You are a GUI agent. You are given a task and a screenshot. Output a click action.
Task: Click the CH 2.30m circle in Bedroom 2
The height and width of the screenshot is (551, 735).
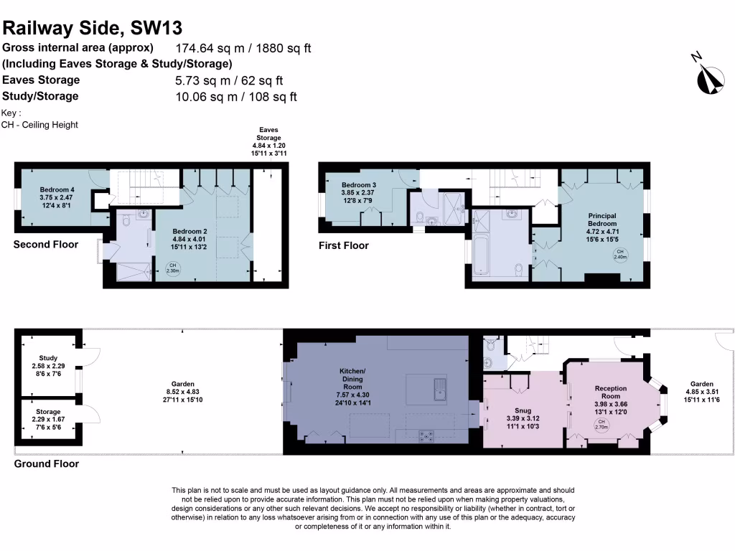172,268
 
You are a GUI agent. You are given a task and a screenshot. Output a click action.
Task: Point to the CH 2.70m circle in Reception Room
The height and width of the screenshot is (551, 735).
602,425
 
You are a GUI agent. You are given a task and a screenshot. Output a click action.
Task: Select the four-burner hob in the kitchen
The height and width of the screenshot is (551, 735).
426,434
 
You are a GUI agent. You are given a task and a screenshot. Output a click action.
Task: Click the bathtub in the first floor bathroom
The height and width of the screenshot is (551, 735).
480,257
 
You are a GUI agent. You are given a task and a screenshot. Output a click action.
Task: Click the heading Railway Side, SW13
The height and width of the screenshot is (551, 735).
93,28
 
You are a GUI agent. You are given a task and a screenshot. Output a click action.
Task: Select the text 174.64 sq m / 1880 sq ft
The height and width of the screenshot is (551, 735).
243,49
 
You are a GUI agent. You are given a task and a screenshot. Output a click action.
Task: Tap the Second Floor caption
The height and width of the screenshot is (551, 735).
46,245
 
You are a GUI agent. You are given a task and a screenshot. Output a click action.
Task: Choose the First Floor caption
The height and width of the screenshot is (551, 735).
343,245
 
